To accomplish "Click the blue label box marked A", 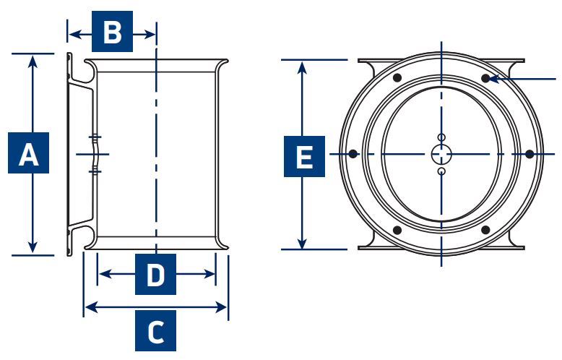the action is pyautogui.click(x=28, y=153).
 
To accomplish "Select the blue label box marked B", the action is pyautogui.click(x=112, y=31).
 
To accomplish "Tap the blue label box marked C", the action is pyautogui.click(x=155, y=330).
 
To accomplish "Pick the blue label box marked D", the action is pyautogui.click(x=155, y=274).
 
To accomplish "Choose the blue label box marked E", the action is pyautogui.click(x=304, y=156).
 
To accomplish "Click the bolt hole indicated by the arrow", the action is pyautogui.click(x=485, y=78).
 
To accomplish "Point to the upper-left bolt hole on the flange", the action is pyautogui.click(x=397, y=78).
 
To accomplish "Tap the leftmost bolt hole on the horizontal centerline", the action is pyautogui.click(x=353, y=154).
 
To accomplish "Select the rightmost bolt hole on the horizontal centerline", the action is pyautogui.click(x=529, y=155).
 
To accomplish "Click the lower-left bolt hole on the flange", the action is pyautogui.click(x=397, y=230).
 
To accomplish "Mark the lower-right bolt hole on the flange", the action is pyautogui.click(x=485, y=230).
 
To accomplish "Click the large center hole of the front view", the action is pyautogui.click(x=441, y=155).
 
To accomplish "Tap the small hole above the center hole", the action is pyautogui.click(x=441, y=137).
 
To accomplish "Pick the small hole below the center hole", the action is pyautogui.click(x=441, y=171).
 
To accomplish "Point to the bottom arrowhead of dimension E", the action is pyautogui.click(x=303, y=241).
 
